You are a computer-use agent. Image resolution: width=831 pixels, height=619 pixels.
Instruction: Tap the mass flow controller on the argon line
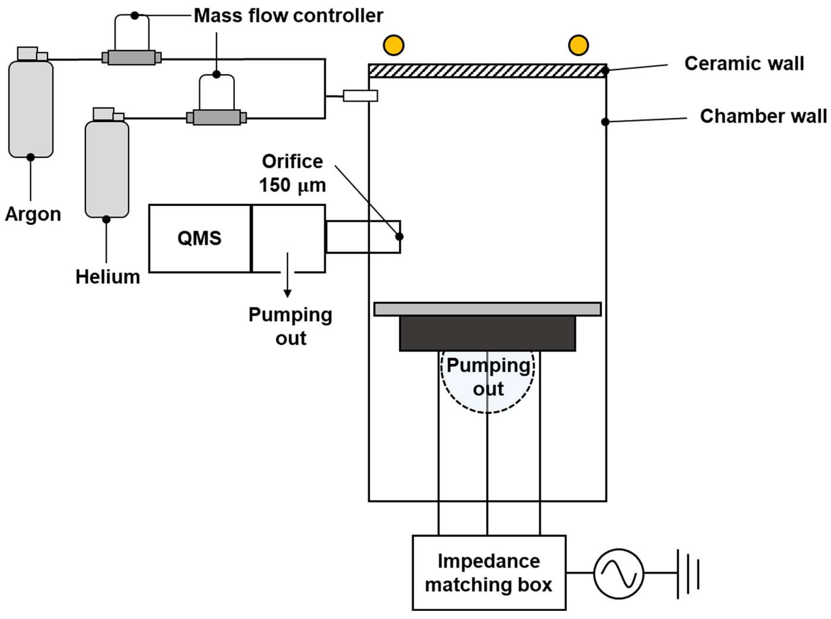click(132, 58)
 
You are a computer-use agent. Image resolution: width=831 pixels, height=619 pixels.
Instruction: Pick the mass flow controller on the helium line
click(216, 117)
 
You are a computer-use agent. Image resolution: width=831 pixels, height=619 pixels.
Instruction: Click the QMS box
click(200, 238)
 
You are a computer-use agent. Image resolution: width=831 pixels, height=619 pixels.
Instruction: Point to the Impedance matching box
click(489, 573)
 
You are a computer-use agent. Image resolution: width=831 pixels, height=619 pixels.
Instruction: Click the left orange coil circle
click(393, 45)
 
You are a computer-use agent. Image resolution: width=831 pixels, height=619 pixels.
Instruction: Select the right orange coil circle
click(578, 45)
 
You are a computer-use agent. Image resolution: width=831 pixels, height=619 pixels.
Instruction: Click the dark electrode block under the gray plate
click(487, 333)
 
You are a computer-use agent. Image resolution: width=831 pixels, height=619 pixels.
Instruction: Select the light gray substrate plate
click(487, 309)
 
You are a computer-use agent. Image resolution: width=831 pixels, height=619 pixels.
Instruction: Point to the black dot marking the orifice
click(400, 237)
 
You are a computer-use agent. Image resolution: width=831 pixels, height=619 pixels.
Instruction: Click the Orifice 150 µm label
click(292, 173)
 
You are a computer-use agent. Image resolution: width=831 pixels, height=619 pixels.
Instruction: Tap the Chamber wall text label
click(763, 116)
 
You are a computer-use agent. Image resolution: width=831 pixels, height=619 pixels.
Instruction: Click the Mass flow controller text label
click(288, 16)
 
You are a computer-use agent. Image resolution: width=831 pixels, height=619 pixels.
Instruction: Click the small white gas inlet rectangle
click(360, 96)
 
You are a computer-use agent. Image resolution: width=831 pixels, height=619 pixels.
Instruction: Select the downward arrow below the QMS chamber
click(287, 275)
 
